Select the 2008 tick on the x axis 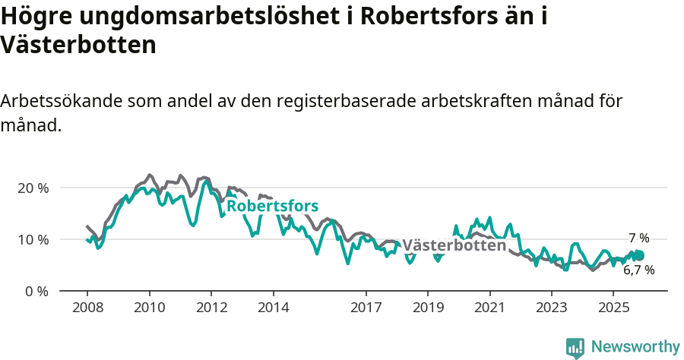coord(87,308)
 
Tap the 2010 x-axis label coord(149,308)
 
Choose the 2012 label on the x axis coord(211,308)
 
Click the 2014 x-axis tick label coord(273,308)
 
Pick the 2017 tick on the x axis coord(366,308)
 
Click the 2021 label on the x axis coord(489,308)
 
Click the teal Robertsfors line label coord(272,207)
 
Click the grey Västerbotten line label coord(454,245)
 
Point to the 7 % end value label coord(638,238)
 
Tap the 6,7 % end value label coord(638,270)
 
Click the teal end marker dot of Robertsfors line coord(640,255)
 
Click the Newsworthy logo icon coord(575,348)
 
